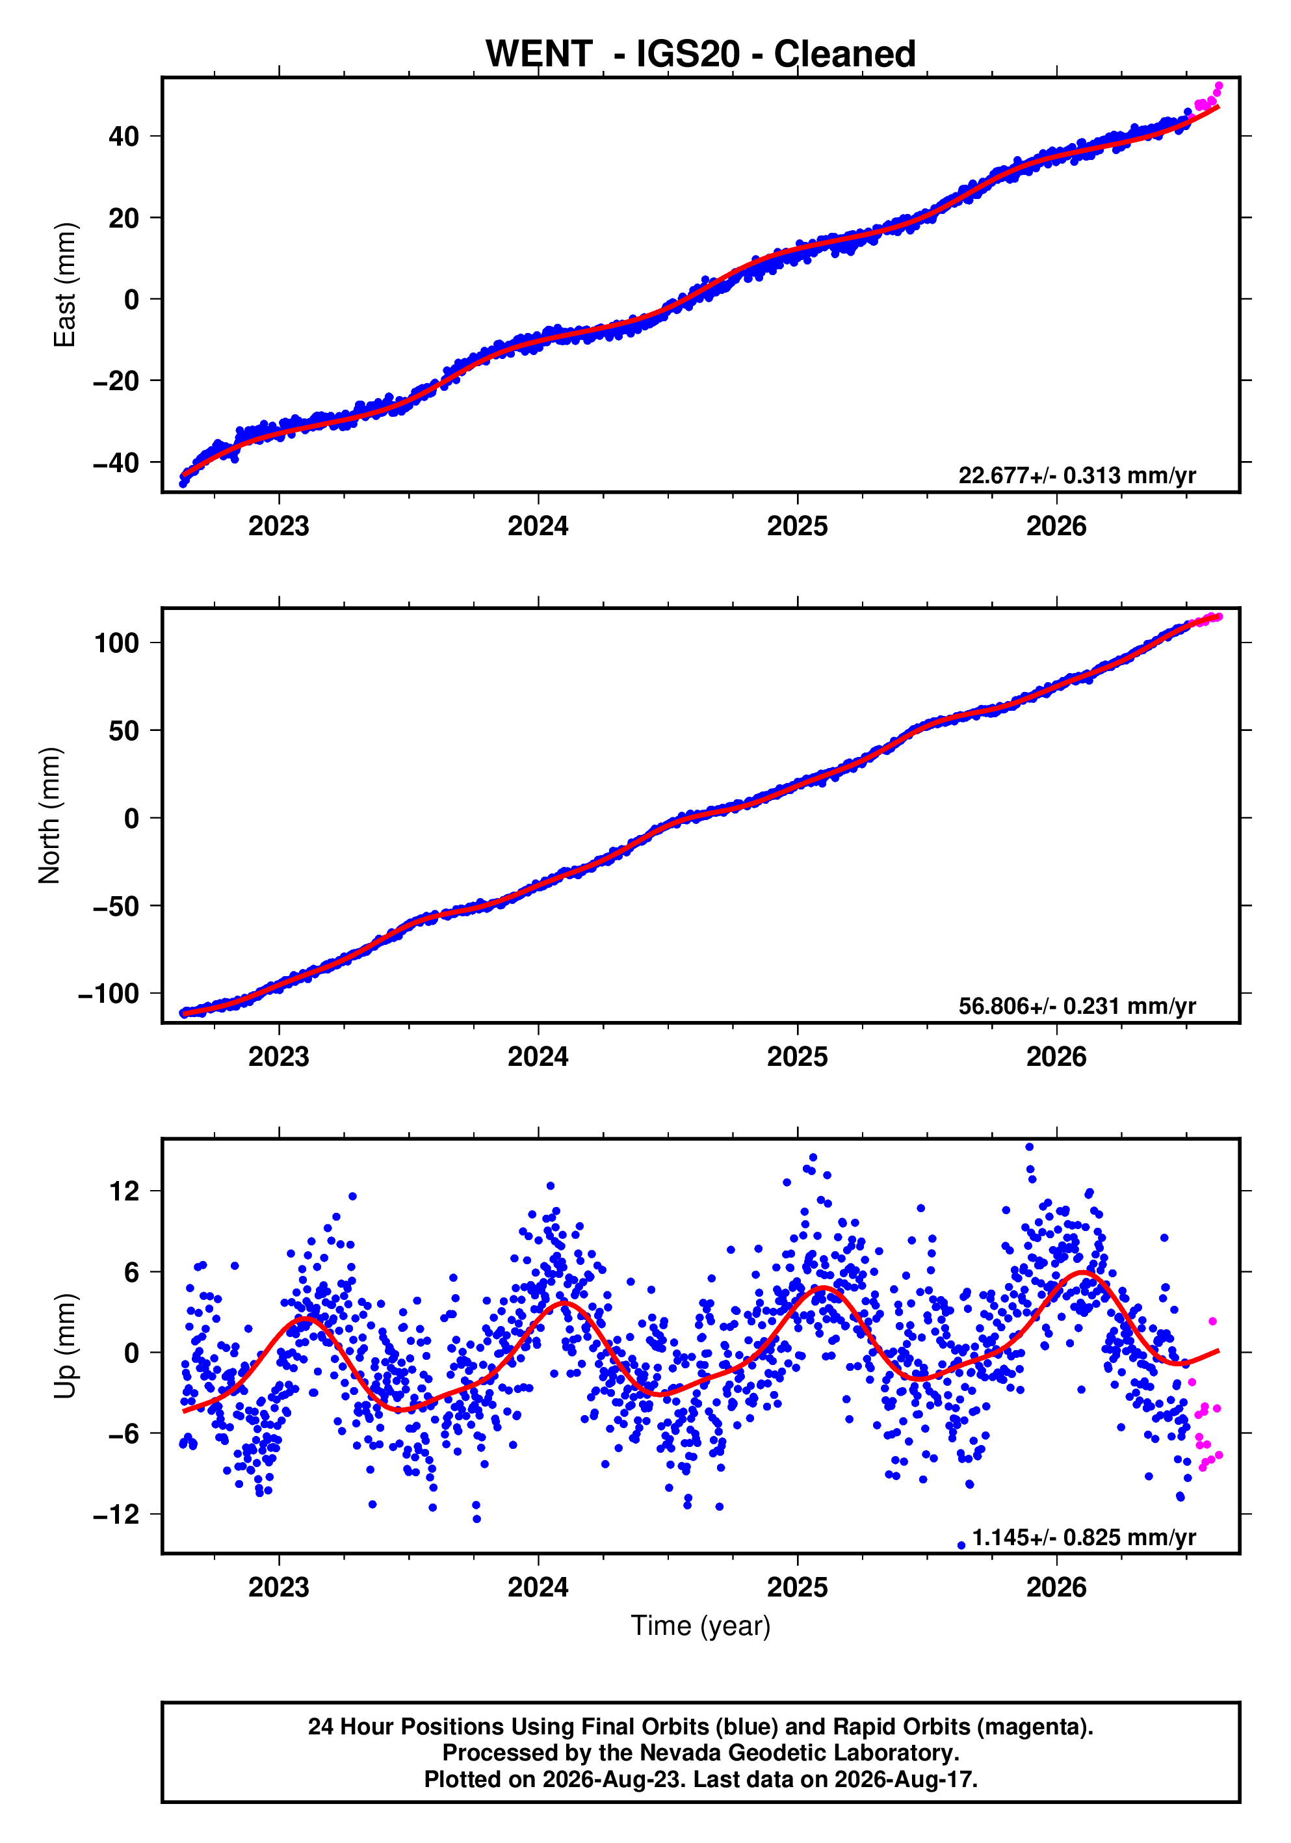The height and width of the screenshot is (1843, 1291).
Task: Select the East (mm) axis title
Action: [x=64, y=285]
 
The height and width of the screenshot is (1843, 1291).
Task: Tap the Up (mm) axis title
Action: [x=64, y=1346]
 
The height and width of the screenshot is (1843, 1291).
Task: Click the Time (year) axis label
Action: [x=701, y=1625]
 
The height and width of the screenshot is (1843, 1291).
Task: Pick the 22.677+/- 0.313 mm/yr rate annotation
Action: [x=1076, y=475]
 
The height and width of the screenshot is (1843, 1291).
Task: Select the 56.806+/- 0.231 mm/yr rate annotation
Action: [x=1076, y=1006]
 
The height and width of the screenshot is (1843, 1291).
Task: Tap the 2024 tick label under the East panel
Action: [x=538, y=527]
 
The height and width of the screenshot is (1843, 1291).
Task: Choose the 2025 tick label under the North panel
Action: [x=797, y=1057]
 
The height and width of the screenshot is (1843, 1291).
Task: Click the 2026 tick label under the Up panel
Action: [x=1056, y=1587]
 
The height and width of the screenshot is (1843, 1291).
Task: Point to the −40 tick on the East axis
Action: [x=116, y=462]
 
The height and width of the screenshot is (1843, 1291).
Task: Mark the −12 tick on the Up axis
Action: [x=116, y=1515]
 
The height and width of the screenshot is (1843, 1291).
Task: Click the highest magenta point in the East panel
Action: [x=1219, y=86]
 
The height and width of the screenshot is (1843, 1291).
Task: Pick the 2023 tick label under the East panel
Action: [x=278, y=527]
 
